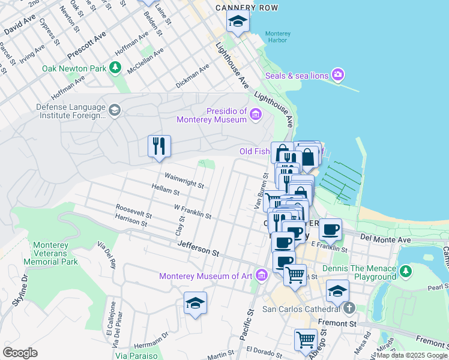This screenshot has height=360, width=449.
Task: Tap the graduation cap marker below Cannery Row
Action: click(x=238, y=22)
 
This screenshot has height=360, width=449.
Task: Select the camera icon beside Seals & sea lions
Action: click(x=338, y=75)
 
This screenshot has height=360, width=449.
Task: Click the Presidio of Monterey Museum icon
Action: click(x=256, y=115)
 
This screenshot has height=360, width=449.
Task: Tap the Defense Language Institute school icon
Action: click(x=114, y=110)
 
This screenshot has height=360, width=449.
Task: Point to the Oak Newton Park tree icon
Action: click(x=115, y=68)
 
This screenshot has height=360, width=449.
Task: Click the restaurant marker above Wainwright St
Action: click(x=159, y=146)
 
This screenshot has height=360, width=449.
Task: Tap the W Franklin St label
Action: click(x=192, y=211)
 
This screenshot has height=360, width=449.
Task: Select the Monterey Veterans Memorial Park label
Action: click(x=55, y=253)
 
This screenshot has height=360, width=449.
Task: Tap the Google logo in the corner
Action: click(x=20, y=353)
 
